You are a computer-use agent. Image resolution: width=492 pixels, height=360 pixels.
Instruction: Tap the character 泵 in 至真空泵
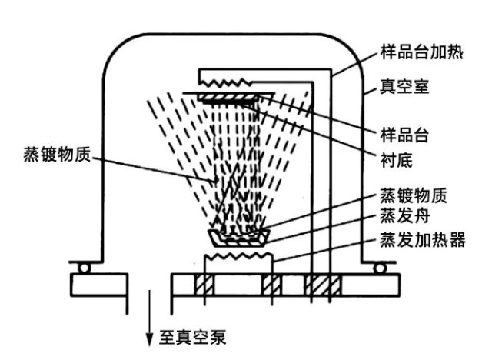(217, 337)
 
